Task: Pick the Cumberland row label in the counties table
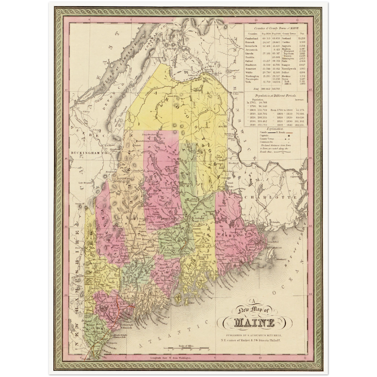pos(252,38)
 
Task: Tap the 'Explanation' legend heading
pos(274,129)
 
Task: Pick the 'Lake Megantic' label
pos(86,183)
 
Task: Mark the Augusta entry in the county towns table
pos(286,46)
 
